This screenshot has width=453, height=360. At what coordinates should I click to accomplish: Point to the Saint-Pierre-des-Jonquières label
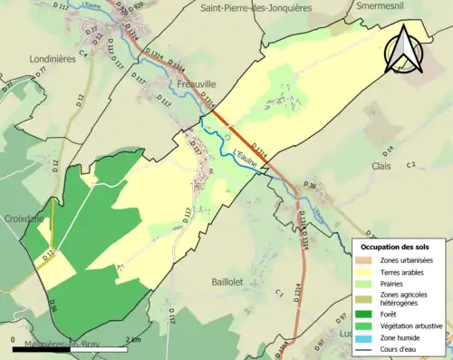pos(254,7)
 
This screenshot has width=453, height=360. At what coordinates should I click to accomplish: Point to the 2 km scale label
pos(134,340)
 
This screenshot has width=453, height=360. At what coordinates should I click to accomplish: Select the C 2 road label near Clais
pos(410,164)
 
